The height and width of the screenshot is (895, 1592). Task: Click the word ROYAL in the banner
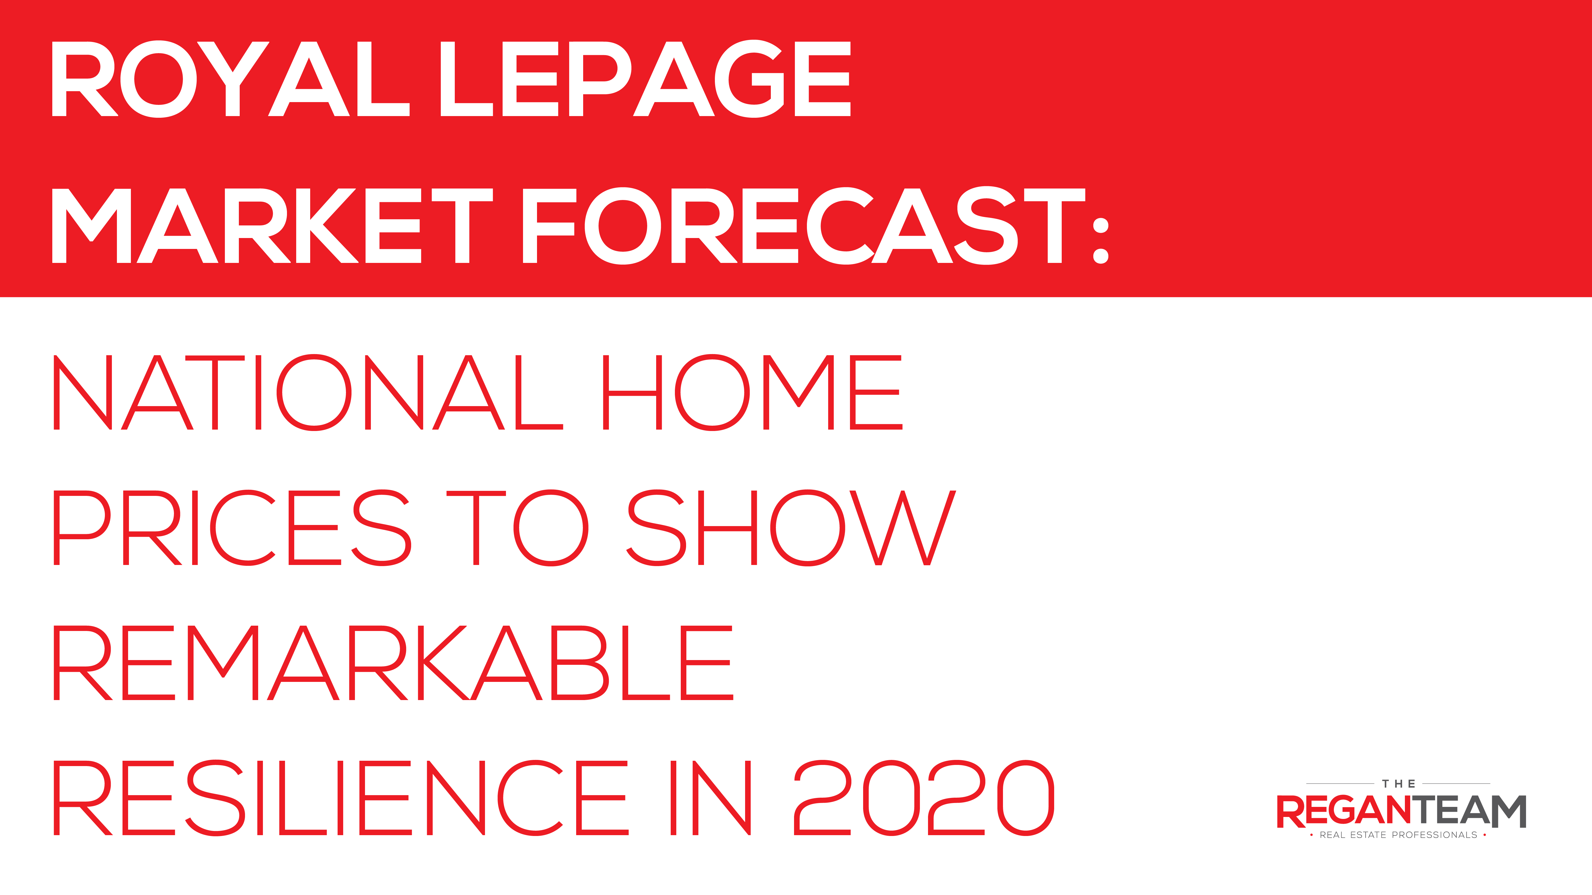pos(230,79)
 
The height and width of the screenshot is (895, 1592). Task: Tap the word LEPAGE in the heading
pos(646,79)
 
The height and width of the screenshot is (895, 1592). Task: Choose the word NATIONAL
pos(308,392)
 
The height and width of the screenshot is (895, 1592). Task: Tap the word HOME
pos(753,392)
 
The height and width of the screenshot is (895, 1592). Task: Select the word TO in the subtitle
pos(517,528)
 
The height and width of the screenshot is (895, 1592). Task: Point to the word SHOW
pos(791,528)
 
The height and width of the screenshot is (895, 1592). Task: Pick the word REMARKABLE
pos(394,663)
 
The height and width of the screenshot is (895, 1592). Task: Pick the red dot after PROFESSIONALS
pos(1485,835)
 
